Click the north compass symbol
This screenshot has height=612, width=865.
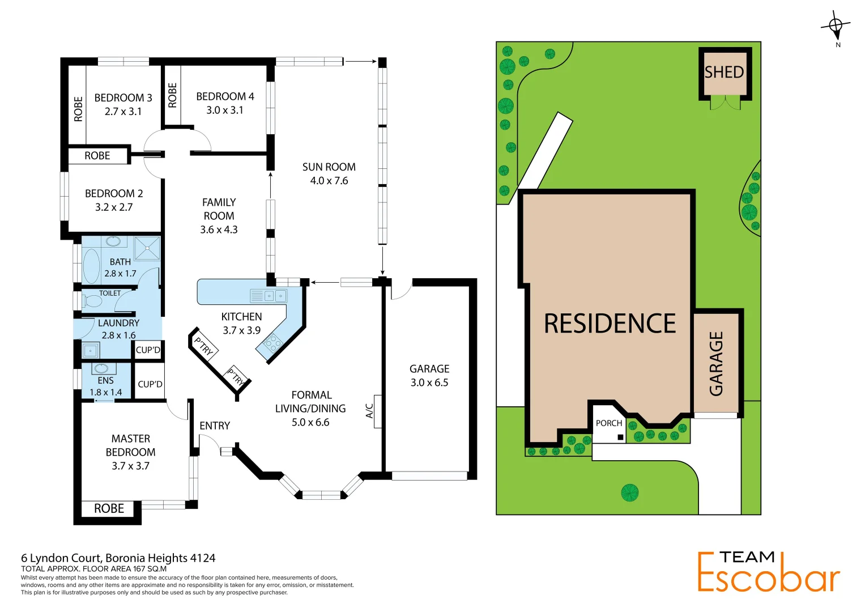coord(836,26)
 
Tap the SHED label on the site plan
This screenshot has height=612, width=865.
coord(724,73)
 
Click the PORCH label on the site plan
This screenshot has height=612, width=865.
coord(609,423)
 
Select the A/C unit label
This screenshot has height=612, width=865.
coord(370,411)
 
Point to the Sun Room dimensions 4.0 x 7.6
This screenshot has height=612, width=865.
coord(329,181)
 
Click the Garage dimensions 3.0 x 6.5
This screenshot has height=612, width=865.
coord(429,382)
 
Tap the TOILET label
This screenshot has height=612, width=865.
coord(110,294)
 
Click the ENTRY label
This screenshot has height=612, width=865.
coord(215,426)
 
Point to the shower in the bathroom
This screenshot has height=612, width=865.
coord(147,248)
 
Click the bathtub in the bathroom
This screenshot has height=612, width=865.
coord(91,266)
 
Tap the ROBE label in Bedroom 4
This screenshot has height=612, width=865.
coord(172,95)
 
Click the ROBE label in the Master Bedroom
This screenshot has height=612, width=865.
coord(109,509)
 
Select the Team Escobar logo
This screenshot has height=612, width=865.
coord(768,572)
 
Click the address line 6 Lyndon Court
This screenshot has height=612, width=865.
coord(118,558)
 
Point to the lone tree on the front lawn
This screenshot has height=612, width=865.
coord(629,492)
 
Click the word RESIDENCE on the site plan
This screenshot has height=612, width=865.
coord(610,324)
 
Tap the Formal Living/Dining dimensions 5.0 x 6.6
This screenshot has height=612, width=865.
coord(310,422)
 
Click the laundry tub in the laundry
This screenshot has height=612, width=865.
coord(91,350)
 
